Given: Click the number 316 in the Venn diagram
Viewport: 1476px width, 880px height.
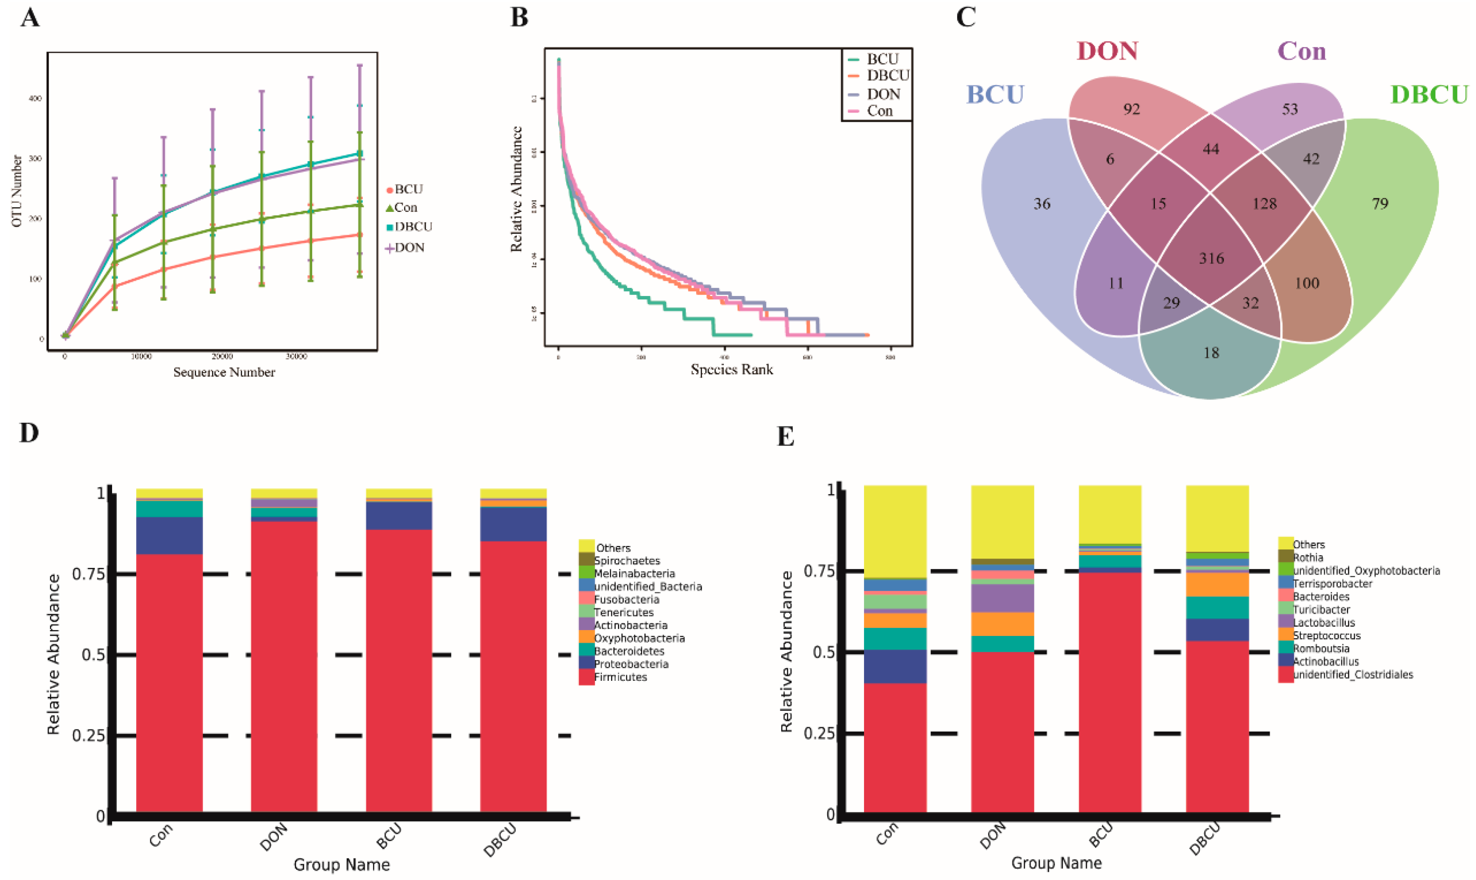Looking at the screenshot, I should click(x=1211, y=258).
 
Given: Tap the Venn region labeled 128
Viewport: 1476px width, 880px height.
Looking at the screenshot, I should click(x=1264, y=204).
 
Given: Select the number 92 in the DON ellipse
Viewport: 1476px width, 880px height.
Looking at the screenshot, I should click(x=1131, y=109).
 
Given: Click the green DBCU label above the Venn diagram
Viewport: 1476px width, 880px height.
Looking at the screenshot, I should click(x=1429, y=95).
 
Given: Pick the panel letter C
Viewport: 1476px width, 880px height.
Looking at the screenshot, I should click(x=966, y=18).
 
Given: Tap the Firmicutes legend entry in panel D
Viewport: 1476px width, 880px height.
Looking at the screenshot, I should click(x=620, y=677).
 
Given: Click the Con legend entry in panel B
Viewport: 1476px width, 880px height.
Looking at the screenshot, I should click(x=879, y=111).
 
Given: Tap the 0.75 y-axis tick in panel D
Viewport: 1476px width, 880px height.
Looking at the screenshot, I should click(x=88, y=573).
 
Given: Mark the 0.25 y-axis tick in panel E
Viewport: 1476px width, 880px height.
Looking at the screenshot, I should click(x=819, y=734).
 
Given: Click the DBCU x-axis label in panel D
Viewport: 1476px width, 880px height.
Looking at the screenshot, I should click(x=500, y=840).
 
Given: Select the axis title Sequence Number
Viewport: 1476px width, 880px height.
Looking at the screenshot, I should click(x=224, y=373).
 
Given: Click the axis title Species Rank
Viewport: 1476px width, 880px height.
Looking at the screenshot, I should click(x=731, y=370).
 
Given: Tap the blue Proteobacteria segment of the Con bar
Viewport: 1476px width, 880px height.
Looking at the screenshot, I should click(x=169, y=535).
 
